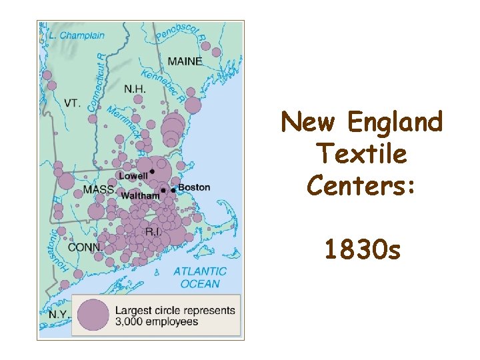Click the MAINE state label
click(185, 61)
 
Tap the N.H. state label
click(136, 89)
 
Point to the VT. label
click(73, 103)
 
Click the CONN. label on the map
click(85, 247)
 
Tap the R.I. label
click(153, 232)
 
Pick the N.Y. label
click(59, 313)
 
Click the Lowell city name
click(133, 176)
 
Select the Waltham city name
click(140, 196)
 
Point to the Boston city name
click(194, 187)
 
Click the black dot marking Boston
click(173, 191)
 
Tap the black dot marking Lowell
click(152, 172)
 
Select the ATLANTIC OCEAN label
click(200, 277)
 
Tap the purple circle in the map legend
click(93, 315)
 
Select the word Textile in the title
click(362, 154)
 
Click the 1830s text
click(362, 250)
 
